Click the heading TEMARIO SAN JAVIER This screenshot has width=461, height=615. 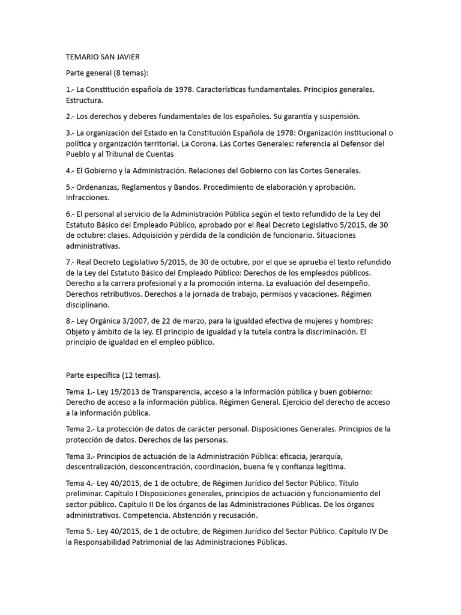coord(103,57)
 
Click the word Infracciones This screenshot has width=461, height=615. coord(88,198)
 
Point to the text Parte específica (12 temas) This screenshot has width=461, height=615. coord(113,375)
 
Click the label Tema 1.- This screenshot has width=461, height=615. coord(80,392)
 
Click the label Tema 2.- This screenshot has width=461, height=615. coord(80,429)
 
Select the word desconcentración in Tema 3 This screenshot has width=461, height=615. coord(186,467)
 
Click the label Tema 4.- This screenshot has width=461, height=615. coord(80,483)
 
